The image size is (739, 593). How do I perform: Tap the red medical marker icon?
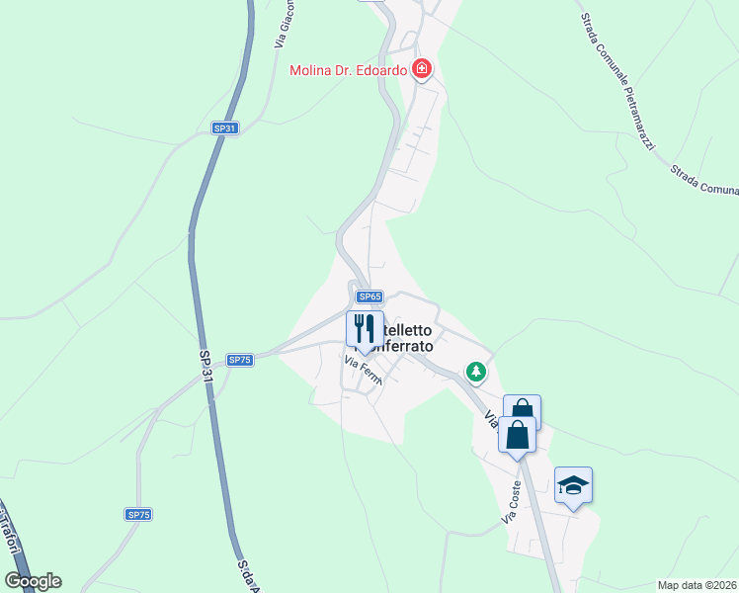(x=422, y=69)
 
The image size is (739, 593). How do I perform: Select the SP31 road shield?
(x=225, y=128)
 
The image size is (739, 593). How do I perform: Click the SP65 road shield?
(x=369, y=296)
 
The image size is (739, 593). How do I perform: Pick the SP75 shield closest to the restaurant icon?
(x=240, y=360)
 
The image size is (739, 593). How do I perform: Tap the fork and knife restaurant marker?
(x=365, y=329)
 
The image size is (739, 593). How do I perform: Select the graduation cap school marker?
(x=573, y=485)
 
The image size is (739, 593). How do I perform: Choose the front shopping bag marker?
(x=517, y=434)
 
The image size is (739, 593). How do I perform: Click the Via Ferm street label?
(x=362, y=371)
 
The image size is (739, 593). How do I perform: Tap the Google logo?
(x=33, y=581)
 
